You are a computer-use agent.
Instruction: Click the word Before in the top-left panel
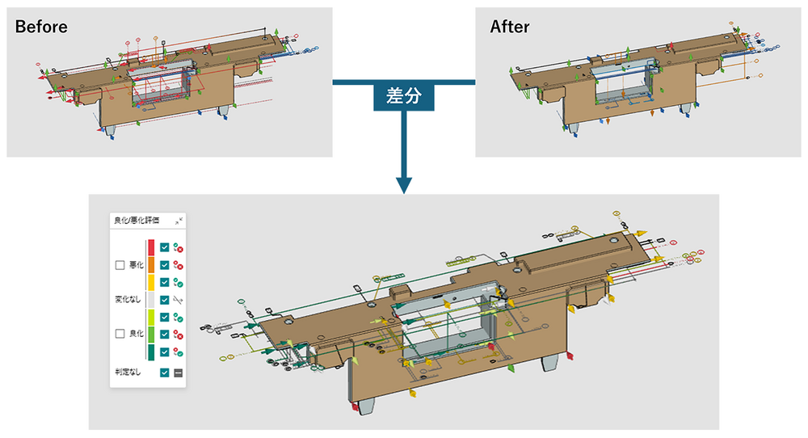(x=41, y=27)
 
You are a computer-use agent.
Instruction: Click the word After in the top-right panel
(x=510, y=27)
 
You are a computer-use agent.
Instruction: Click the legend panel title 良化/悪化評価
(x=137, y=220)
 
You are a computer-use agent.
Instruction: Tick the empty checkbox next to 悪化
(x=120, y=264)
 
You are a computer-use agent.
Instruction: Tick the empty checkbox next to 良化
(x=120, y=334)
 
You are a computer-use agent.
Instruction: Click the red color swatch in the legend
(x=151, y=247)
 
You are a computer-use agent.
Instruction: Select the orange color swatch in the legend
(x=151, y=264)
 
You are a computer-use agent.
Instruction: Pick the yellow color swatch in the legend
(x=151, y=282)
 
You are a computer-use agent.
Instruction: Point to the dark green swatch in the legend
(x=151, y=352)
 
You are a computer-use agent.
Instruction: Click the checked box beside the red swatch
(x=165, y=247)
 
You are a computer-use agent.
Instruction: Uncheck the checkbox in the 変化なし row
(x=165, y=299)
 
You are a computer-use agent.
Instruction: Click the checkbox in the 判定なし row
(x=165, y=373)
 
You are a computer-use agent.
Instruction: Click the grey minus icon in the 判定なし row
(x=179, y=373)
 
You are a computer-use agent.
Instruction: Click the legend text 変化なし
(x=128, y=299)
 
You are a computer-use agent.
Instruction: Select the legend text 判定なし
(x=128, y=373)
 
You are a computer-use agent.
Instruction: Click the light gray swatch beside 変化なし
(x=151, y=299)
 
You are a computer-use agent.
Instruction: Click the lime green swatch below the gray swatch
(x=151, y=317)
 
